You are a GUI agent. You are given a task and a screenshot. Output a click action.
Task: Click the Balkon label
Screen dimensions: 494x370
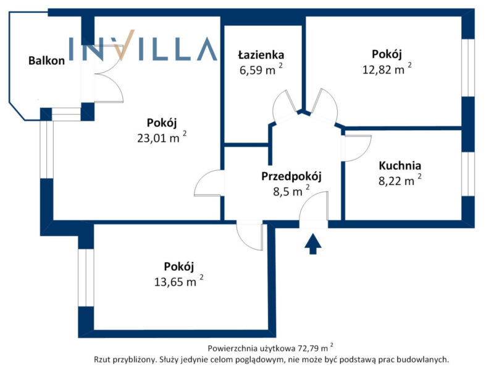pyautogui.click(x=47, y=60)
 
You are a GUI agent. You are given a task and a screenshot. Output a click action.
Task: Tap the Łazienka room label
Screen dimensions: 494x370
pyautogui.click(x=261, y=55)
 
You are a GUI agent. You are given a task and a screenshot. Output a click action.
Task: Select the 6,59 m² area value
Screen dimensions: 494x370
pyautogui.click(x=261, y=70)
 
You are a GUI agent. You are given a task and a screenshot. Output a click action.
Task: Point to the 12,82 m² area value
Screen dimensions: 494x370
pyautogui.click(x=387, y=69)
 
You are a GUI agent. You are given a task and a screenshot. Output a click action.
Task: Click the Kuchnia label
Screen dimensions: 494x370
pyautogui.click(x=400, y=165)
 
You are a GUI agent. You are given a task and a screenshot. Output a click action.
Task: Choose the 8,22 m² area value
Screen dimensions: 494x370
pyautogui.click(x=400, y=180)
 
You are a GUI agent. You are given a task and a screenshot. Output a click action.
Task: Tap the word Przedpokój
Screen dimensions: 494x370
pyautogui.click(x=291, y=176)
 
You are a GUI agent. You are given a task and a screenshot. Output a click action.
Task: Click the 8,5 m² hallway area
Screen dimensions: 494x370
pyautogui.click(x=291, y=191)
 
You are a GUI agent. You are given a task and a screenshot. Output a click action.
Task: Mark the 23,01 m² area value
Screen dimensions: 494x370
pyautogui.click(x=162, y=138)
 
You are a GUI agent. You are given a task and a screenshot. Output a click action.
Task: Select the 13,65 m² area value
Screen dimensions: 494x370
pyautogui.click(x=178, y=281)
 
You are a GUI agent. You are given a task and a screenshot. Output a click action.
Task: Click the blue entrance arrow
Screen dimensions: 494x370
pyautogui.click(x=313, y=244)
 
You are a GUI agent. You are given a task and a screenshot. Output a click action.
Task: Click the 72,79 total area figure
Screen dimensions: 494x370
pyautogui.click(x=311, y=348)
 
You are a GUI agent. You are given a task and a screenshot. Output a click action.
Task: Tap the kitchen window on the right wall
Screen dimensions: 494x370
pyautogui.click(x=468, y=174)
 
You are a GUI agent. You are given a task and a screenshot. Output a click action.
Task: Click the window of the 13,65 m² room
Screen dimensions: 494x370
pyautogui.click(x=86, y=277)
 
